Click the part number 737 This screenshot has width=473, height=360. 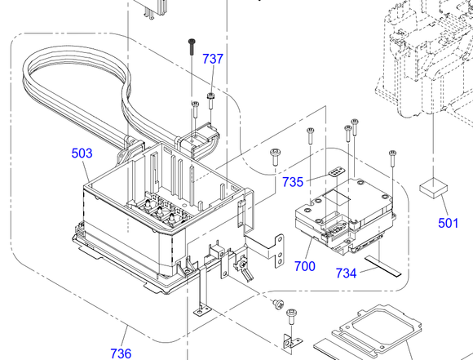tap(213, 59)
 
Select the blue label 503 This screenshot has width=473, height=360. tap(82, 153)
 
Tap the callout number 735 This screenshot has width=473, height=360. tap(293, 182)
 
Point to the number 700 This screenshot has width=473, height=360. tap(305, 266)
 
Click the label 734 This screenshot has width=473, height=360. tap(346, 273)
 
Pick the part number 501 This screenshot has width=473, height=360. tap(448, 223)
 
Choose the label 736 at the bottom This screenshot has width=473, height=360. tap(121, 353)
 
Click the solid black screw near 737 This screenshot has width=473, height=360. tap(192, 47)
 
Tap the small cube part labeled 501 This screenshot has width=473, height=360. tap(434, 188)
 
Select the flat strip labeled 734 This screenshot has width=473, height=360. tap(383, 266)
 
